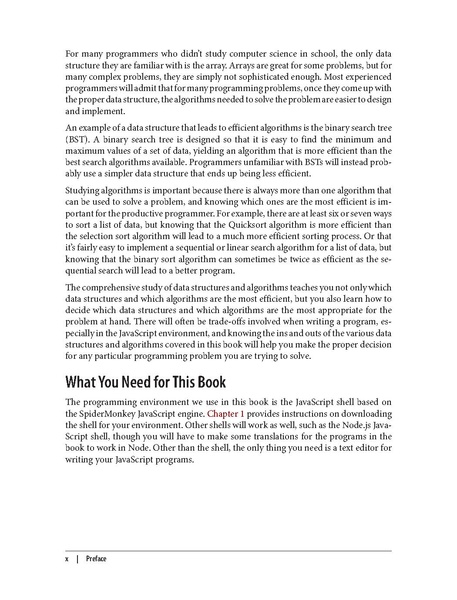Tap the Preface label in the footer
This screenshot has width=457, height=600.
click(96, 558)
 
